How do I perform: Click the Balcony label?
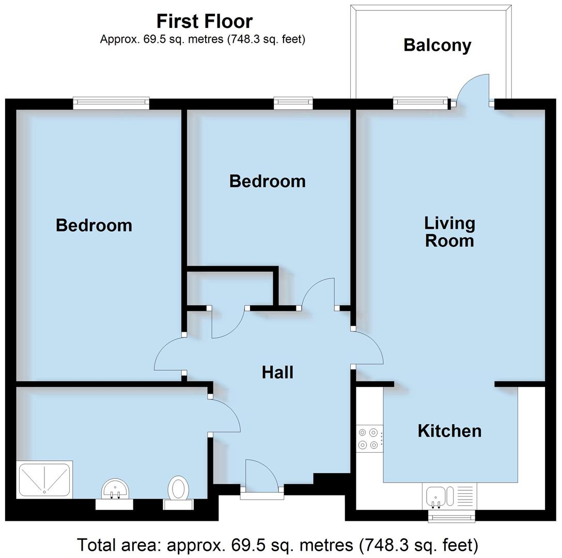[x=437, y=45]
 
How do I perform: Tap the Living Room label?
[x=449, y=232]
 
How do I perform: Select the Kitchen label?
[x=449, y=431]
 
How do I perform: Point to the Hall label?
[x=277, y=373]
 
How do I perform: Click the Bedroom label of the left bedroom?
[x=94, y=225]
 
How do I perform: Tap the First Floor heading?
[x=205, y=21]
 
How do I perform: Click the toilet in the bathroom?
[x=179, y=488]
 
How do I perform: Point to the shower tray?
[x=44, y=480]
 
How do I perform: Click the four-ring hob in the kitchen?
[x=368, y=439]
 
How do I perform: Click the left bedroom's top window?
[x=111, y=103]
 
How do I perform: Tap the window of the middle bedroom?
[x=293, y=103]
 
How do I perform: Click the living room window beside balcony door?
[x=420, y=103]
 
